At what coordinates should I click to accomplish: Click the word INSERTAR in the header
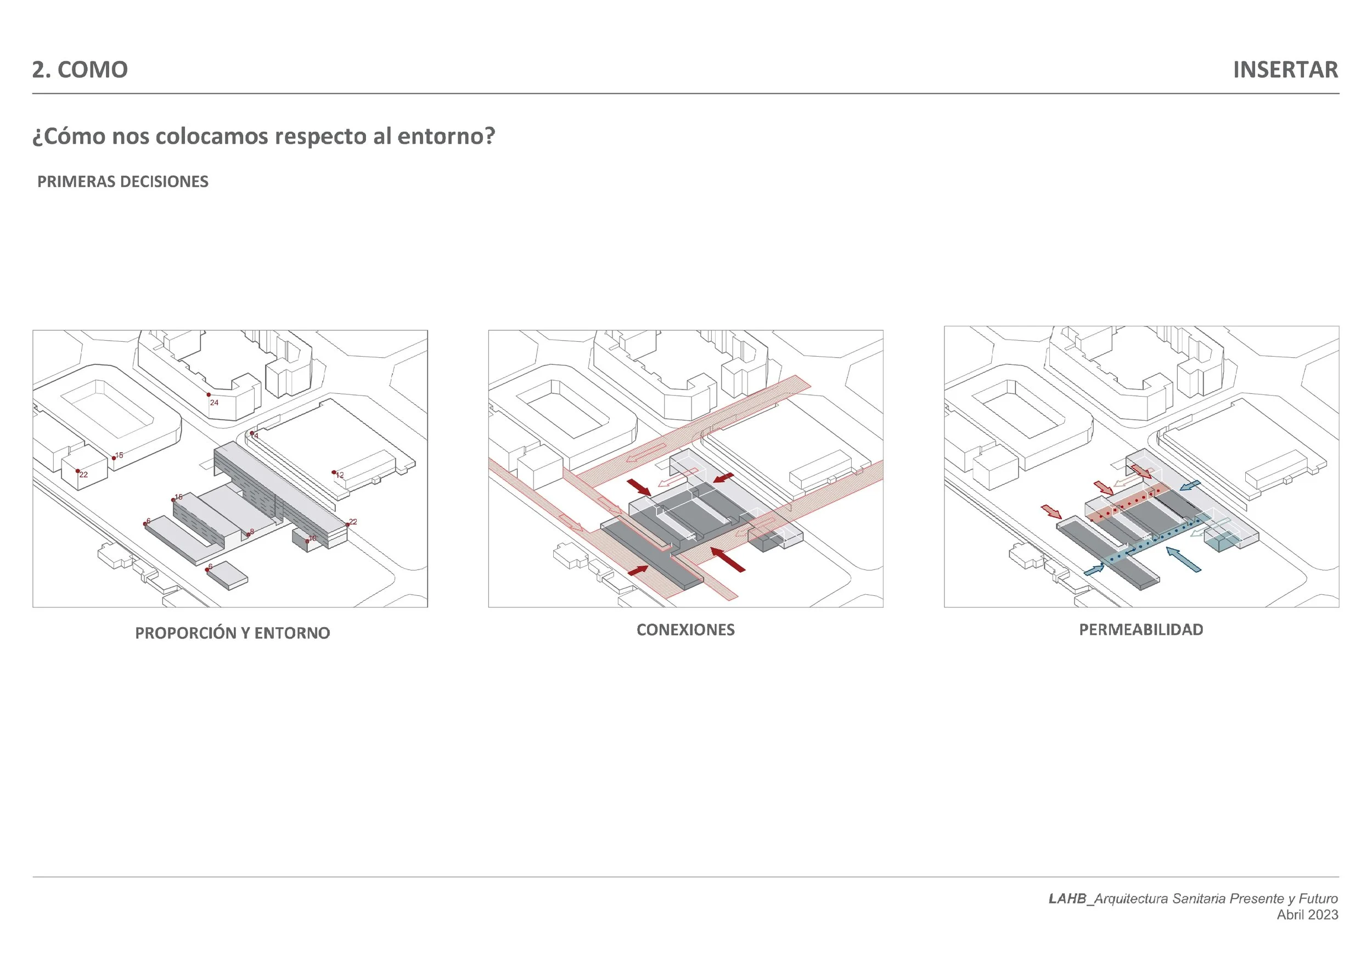(1285, 70)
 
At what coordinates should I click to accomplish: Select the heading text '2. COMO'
(80, 70)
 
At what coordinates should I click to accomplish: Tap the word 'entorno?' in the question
(446, 137)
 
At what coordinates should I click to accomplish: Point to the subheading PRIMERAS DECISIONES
(122, 182)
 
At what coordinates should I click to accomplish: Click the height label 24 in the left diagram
(214, 403)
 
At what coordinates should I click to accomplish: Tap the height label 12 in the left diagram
(339, 476)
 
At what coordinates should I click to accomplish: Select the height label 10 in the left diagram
(312, 538)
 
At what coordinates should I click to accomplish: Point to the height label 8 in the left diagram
(251, 532)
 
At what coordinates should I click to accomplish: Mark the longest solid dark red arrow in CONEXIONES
(728, 559)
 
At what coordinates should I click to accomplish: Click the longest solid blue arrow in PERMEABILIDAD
(1183, 560)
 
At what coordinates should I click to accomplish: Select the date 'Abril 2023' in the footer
(1307, 915)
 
